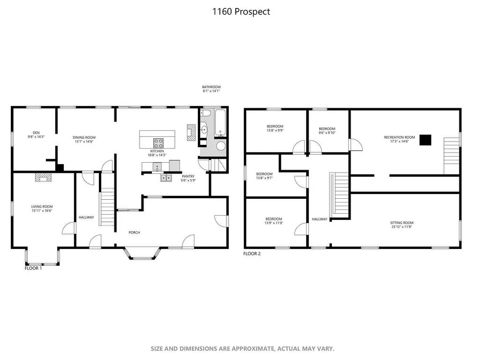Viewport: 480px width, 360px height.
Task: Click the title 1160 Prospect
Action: [x=241, y=12]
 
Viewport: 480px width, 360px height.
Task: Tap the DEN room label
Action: [x=36, y=133]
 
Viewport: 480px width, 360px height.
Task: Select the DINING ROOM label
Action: [x=84, y=138]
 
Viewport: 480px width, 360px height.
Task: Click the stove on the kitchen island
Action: [x=158, y=143]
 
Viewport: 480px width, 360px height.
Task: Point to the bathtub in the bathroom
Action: [x=220, y=123]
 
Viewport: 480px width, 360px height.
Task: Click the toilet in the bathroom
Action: [x=205, y=114]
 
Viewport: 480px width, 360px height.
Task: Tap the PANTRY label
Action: [x=188, y=176]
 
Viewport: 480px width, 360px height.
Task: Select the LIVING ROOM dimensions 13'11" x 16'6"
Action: [x=42, y=210]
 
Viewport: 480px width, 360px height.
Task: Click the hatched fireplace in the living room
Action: [x=43, y=178]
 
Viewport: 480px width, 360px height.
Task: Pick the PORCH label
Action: [x=135, y=232]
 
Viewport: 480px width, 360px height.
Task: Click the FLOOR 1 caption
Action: [x=33, y=268]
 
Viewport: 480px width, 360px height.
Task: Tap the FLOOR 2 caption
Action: [x=252, y=254]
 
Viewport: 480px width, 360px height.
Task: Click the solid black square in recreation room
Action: [x=425, y=140]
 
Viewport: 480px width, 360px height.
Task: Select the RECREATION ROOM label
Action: [x=399, y=137]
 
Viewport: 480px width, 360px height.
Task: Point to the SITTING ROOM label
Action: [x=402, y=223]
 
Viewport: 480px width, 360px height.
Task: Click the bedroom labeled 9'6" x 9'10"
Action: [x=327, y=131]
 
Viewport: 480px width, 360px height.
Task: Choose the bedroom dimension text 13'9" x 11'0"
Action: [x=274, y=223]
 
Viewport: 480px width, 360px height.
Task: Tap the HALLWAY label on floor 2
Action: [x=320, y=219]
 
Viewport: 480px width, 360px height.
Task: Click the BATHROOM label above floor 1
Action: [x=211, y=87]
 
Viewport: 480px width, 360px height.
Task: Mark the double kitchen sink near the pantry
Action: [x=166, y=178]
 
